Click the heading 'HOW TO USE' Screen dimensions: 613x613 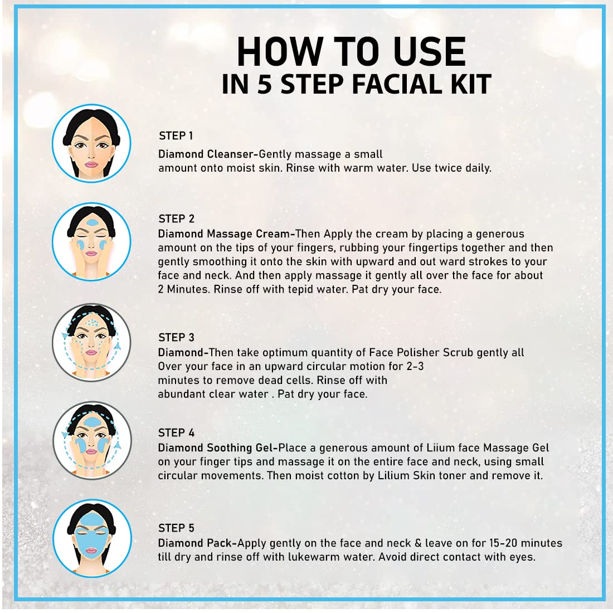click(x=351, y=51)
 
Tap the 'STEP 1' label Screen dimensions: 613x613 click(x=176, y=135)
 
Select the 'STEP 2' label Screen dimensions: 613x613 click(x=176, y=218)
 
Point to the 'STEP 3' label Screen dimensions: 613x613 click(x=176, y=337)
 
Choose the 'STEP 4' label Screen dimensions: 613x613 click(x=176, y=433)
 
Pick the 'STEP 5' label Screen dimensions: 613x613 click(x=176, y=528)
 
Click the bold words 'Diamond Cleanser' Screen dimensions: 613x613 click(x=206, y=154)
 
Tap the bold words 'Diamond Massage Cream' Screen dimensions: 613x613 click(x=224, y=234)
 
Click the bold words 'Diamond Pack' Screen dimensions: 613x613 click(x=195, y=543)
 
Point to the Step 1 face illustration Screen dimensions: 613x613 click(x=91, y=143)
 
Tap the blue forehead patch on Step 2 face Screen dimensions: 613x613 click(x=93, y=222)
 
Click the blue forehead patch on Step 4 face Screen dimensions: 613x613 click(x=91, y=422)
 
